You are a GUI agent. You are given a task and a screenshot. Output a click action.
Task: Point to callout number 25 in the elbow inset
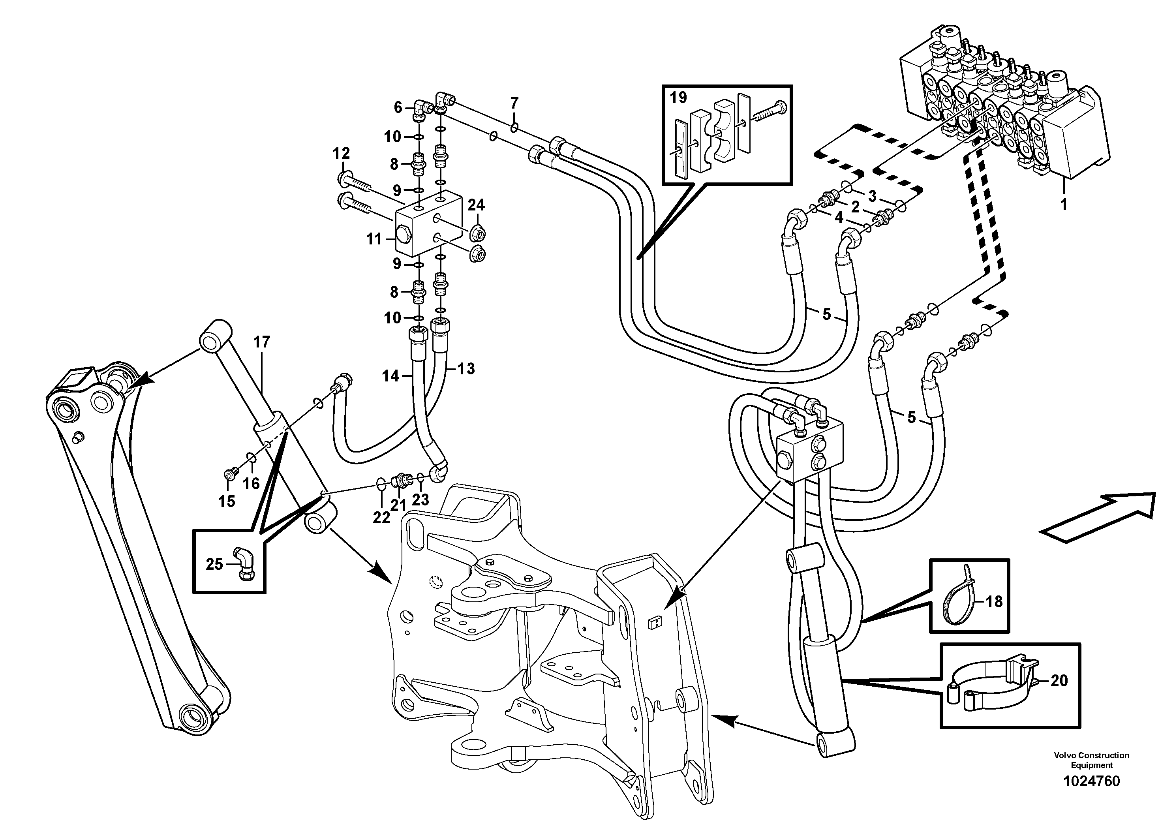point(214,564)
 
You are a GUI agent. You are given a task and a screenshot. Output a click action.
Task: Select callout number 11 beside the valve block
point(374,239)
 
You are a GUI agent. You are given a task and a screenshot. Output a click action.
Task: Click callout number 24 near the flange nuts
point(476,205)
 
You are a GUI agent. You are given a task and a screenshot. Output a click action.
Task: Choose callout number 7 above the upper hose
point(514,102)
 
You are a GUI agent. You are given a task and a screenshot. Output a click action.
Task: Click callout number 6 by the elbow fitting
point(398,107)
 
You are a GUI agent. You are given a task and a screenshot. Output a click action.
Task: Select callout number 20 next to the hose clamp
point(1059,681)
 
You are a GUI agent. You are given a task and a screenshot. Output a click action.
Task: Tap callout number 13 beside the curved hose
point(466,368)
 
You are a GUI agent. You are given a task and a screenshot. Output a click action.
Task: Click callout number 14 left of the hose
point(390,376)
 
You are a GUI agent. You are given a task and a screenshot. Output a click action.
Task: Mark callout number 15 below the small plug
point(227,501)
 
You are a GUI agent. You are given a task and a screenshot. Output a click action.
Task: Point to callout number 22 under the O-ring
point(381,518)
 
